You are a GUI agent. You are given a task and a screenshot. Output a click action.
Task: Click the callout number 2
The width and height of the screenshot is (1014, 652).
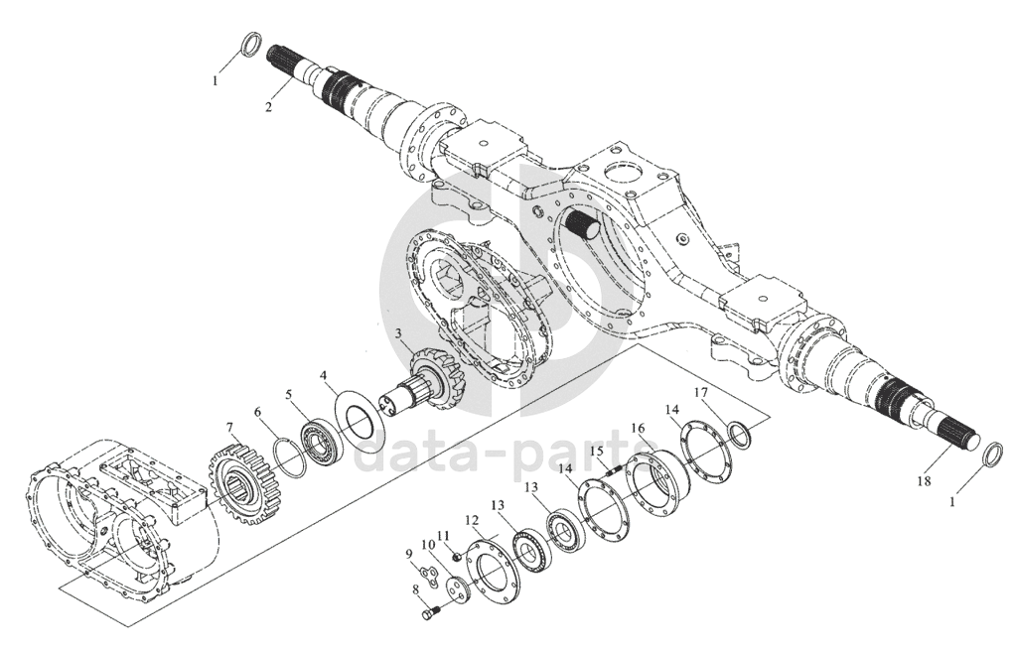pos(268,106)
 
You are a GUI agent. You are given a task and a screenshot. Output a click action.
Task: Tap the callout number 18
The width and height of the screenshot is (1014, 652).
pos(925,480)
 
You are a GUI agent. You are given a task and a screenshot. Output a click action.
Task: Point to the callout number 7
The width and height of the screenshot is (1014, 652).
pos(229,427)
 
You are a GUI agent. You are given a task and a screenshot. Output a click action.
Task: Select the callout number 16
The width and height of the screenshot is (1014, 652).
pos(639,428)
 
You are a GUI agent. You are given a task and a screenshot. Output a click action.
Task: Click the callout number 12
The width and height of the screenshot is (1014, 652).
pos(472,520)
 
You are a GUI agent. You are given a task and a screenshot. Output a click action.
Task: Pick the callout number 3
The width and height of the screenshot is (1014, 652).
pos(399,333)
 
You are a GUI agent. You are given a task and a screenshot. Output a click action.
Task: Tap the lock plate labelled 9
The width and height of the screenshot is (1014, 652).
pos(425,570)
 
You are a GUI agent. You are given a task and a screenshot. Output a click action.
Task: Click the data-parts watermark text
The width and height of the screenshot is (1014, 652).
pos(507,456)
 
